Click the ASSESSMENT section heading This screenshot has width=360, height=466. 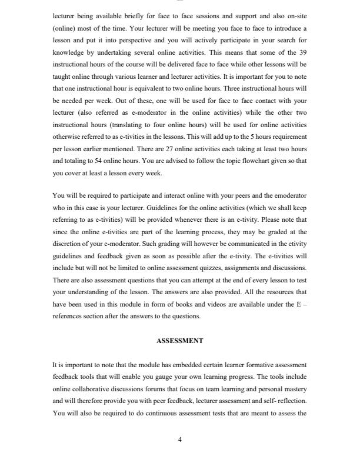[179, 340]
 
